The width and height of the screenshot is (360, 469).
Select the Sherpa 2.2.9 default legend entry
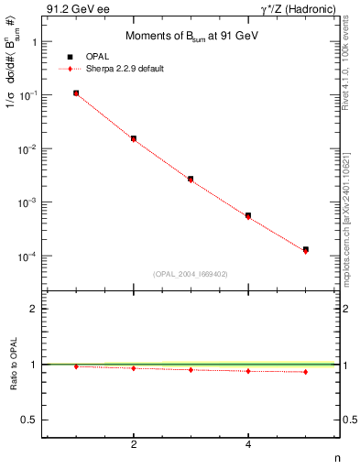click(x=121, y=69)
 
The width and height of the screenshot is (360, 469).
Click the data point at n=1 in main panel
click(x=76, y=93)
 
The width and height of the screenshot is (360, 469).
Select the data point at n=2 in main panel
click(x=134, y=138)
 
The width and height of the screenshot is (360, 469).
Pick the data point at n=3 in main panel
click(x=191, y=179)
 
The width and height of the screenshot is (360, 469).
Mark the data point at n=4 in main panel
click(x=248, y=215)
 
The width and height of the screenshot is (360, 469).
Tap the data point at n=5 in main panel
click(x=306, y=249)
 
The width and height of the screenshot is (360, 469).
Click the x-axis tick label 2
click(x=134, y=444)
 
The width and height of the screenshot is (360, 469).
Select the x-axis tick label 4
click(x=248, y=444)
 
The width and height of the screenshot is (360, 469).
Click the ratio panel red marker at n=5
click(x=306, y=372)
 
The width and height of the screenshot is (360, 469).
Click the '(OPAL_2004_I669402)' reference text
click(x=191, y=273)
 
